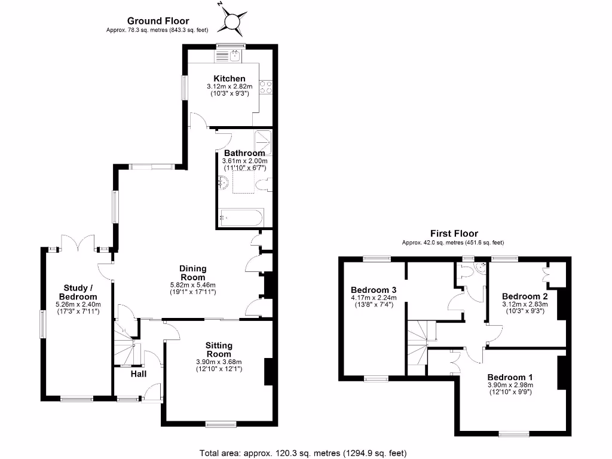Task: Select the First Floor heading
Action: (x=454, y=234)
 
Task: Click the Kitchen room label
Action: (x=229, y=78)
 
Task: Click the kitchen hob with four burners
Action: (x=266, y=87)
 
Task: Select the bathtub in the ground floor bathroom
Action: (x=238, y=218)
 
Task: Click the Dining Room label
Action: (x=192, y=273)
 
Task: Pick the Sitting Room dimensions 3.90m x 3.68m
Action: (x=219, y=362)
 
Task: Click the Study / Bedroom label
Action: (x=78, y=292)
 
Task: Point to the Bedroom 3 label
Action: (x=374, y=290)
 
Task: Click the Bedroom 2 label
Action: (x=525, y=296)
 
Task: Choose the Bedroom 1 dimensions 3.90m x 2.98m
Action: (x=510, y=385)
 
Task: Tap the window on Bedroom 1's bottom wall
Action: (x=514, y=433)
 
